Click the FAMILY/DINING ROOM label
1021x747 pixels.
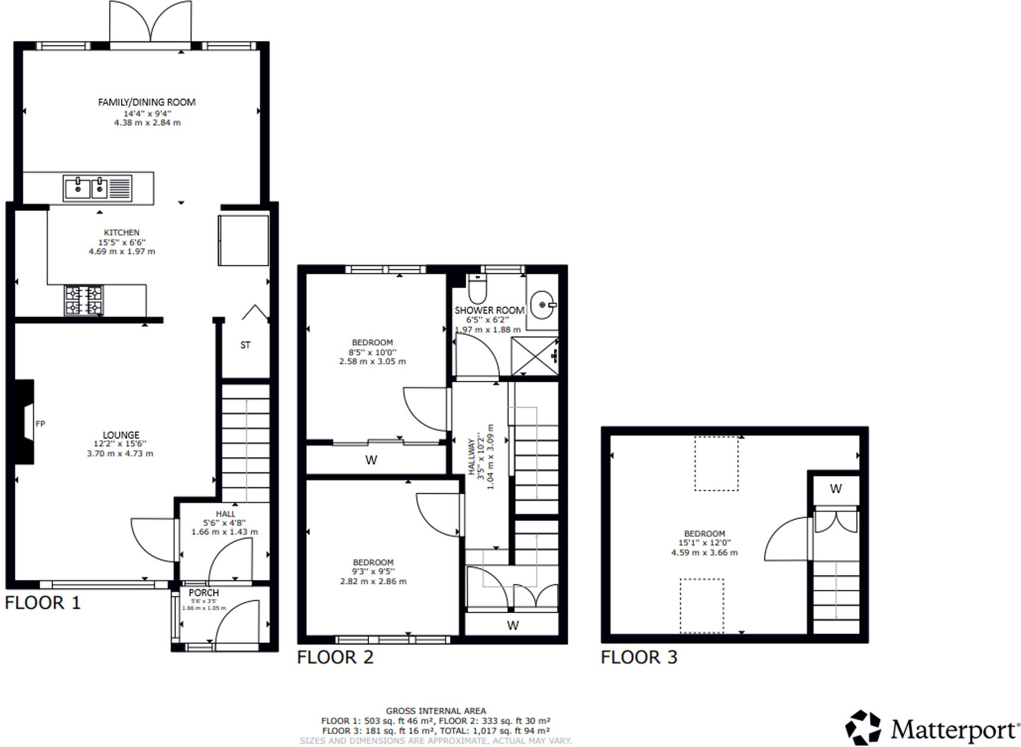click(146, 102)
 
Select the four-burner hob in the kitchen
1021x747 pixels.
click(84, 301)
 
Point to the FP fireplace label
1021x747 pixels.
click(40, 423)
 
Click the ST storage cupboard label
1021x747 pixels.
click(245, 345)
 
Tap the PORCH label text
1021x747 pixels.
click(204, 592)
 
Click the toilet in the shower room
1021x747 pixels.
click(477, 289)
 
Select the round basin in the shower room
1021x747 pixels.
click(542, 305)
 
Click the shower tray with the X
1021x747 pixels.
click(534, 356)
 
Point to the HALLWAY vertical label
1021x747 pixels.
click(471, 456)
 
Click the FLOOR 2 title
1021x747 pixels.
click(335, 657)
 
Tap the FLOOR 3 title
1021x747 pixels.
click(639, 657)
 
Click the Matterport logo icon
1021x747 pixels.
click(863, 728)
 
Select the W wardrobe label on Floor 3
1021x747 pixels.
click(836, 488)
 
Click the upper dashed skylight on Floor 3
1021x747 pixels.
click(716, 464)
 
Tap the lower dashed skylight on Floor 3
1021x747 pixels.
click(702, 605)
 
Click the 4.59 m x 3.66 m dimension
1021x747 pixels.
click(704, 553)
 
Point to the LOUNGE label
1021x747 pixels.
click(120, 435)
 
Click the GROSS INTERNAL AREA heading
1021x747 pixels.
click(436, 711)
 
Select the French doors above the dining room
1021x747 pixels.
click(151, 24)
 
